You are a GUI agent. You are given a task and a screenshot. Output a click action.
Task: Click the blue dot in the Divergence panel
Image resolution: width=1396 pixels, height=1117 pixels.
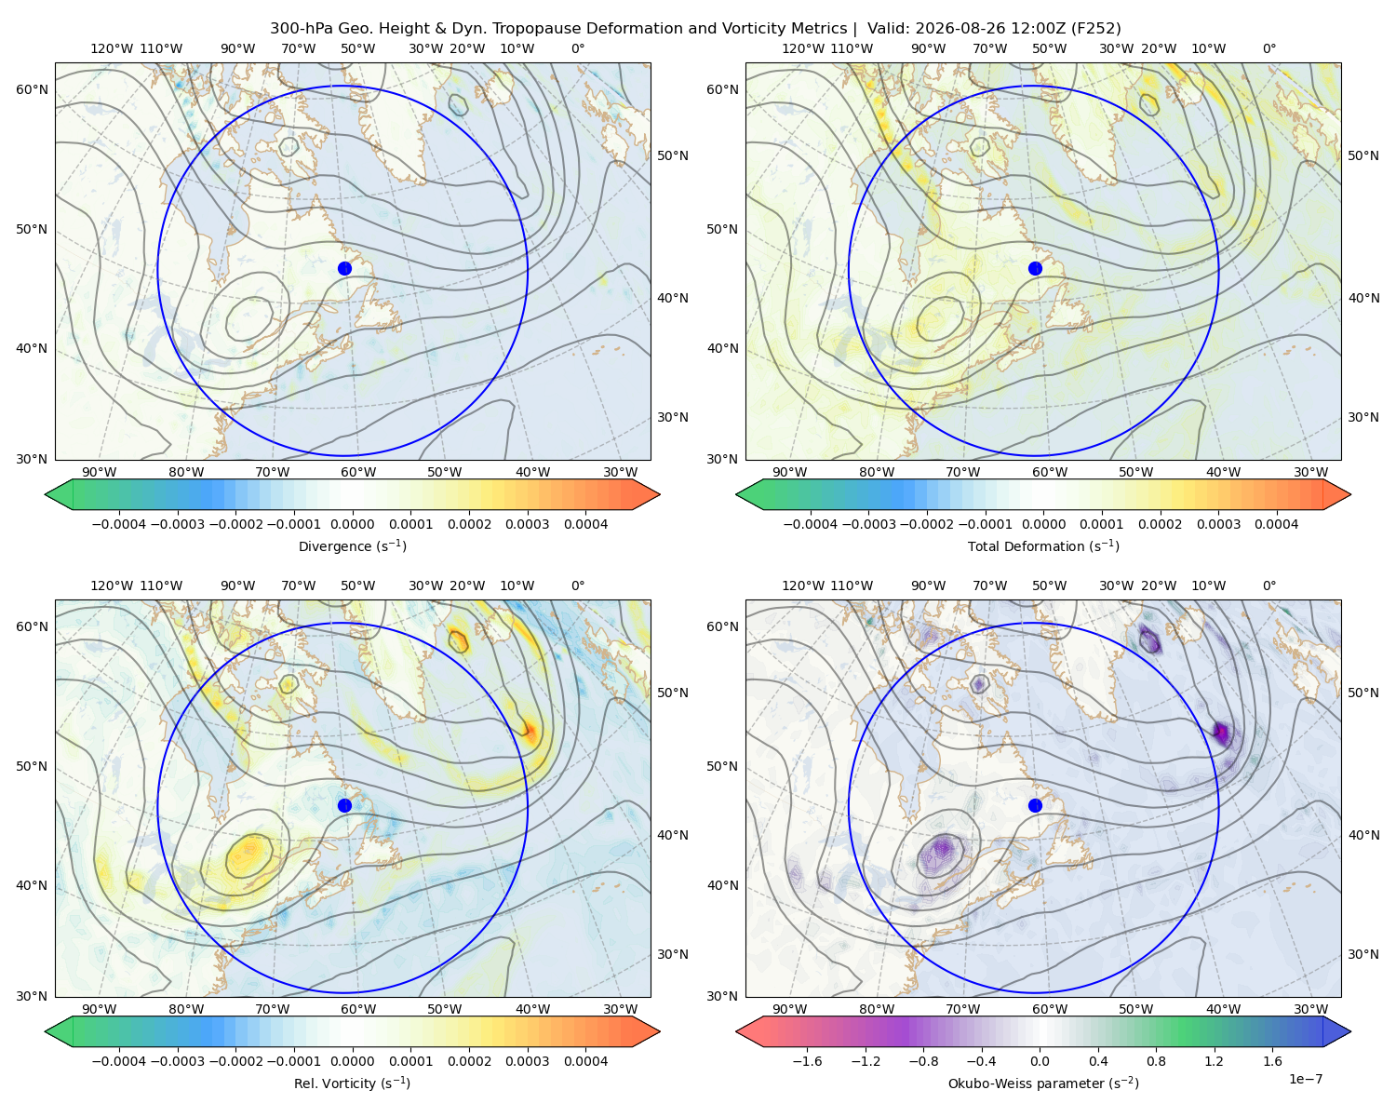point(344,269)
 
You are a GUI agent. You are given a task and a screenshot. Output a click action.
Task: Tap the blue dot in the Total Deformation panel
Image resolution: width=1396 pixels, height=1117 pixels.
point(1035,269)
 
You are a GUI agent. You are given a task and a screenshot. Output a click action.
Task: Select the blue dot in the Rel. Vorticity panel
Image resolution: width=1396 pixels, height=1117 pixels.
point(344,805)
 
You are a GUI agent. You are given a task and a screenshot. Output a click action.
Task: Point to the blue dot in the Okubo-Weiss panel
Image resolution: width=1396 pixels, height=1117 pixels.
point(1035,805)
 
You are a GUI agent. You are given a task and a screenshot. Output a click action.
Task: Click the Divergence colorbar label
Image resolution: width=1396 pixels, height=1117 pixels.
point(352,546)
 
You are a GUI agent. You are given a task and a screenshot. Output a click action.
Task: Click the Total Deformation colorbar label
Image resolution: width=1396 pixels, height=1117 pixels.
point(1043,546)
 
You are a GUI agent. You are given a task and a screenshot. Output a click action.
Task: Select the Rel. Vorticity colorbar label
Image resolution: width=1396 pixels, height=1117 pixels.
point(352,1083)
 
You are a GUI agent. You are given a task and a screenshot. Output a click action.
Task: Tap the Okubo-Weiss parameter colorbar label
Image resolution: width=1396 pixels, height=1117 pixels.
point(1043,1083)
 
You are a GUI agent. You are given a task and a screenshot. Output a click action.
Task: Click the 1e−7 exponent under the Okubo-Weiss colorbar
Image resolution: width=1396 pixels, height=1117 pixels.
point(1305,1079)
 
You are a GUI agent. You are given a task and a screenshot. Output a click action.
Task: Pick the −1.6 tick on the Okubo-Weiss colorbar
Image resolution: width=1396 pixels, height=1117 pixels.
point(807,1061)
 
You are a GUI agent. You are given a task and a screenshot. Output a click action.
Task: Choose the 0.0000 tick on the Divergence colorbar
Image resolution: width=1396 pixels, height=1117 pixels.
point(352,524)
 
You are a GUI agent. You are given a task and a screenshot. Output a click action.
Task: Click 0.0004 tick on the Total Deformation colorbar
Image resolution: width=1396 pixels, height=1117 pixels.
point(1276,524)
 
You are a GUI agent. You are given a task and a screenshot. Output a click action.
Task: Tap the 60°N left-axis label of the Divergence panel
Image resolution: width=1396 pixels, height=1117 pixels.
point(32,89)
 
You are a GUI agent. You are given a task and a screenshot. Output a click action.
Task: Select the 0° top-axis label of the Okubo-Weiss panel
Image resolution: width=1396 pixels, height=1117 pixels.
point(1268,585)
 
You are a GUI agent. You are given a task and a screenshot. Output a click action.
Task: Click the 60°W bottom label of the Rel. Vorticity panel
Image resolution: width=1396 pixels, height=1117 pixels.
point(358,1009)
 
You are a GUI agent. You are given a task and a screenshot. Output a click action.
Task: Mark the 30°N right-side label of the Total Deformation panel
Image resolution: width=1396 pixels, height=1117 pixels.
point(1362,417)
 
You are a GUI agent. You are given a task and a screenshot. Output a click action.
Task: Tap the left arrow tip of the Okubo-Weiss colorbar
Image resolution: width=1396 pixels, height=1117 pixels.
point(736,1031)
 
